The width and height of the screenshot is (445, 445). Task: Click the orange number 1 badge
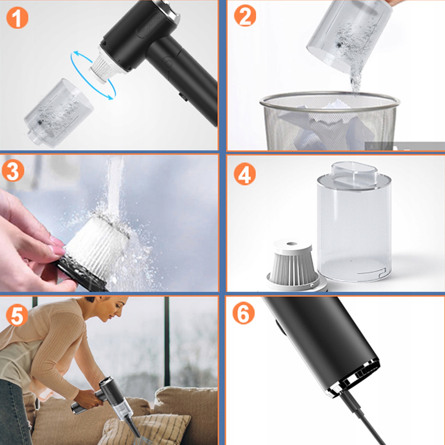click(17, 18)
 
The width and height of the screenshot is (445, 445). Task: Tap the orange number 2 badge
click(245, 15)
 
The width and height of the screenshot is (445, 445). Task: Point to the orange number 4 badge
click(244, 174)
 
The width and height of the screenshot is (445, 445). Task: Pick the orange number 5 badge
click(17, 315)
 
